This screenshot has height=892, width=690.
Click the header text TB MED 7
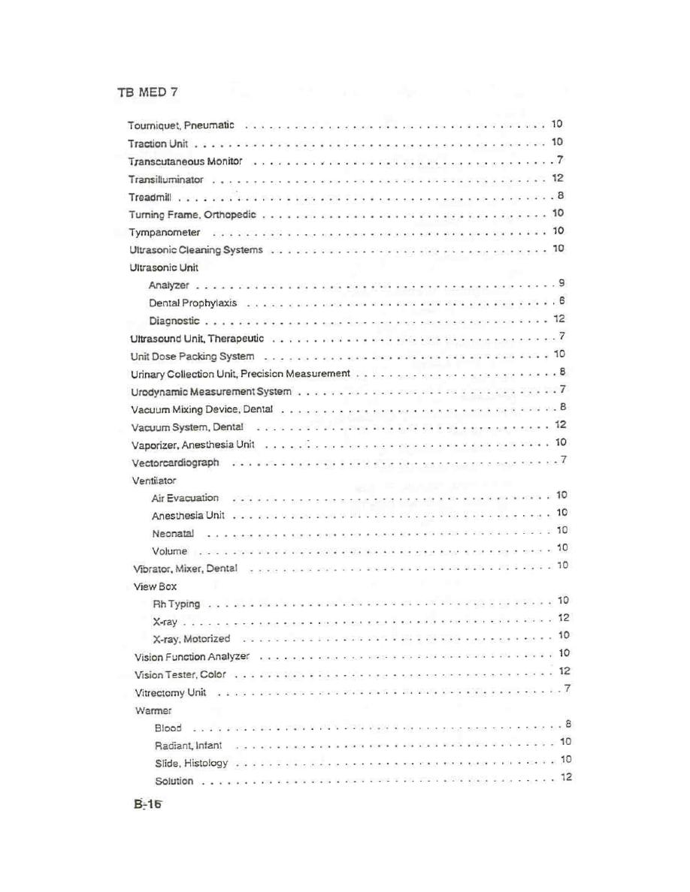point(147,92)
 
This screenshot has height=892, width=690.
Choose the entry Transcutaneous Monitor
point(185,161)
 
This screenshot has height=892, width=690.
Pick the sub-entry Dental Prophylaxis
point(192,303)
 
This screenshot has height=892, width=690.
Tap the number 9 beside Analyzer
point(561,283)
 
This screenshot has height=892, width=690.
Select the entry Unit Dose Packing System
point(192,356)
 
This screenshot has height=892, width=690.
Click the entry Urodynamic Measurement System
point(210,391)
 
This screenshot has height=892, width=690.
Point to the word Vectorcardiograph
point(175,463)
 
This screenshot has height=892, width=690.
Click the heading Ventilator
point(154,480)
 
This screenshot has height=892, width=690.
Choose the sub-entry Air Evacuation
point(185,498)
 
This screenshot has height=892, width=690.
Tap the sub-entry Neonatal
point(173,534)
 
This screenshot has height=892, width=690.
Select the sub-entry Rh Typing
point(177,604)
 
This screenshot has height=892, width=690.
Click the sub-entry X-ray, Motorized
point(191,639)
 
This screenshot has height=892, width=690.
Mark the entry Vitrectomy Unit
point(170,692)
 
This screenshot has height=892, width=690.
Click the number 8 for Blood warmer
point(569,725)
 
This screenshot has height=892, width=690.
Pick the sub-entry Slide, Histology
point(191,763)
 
